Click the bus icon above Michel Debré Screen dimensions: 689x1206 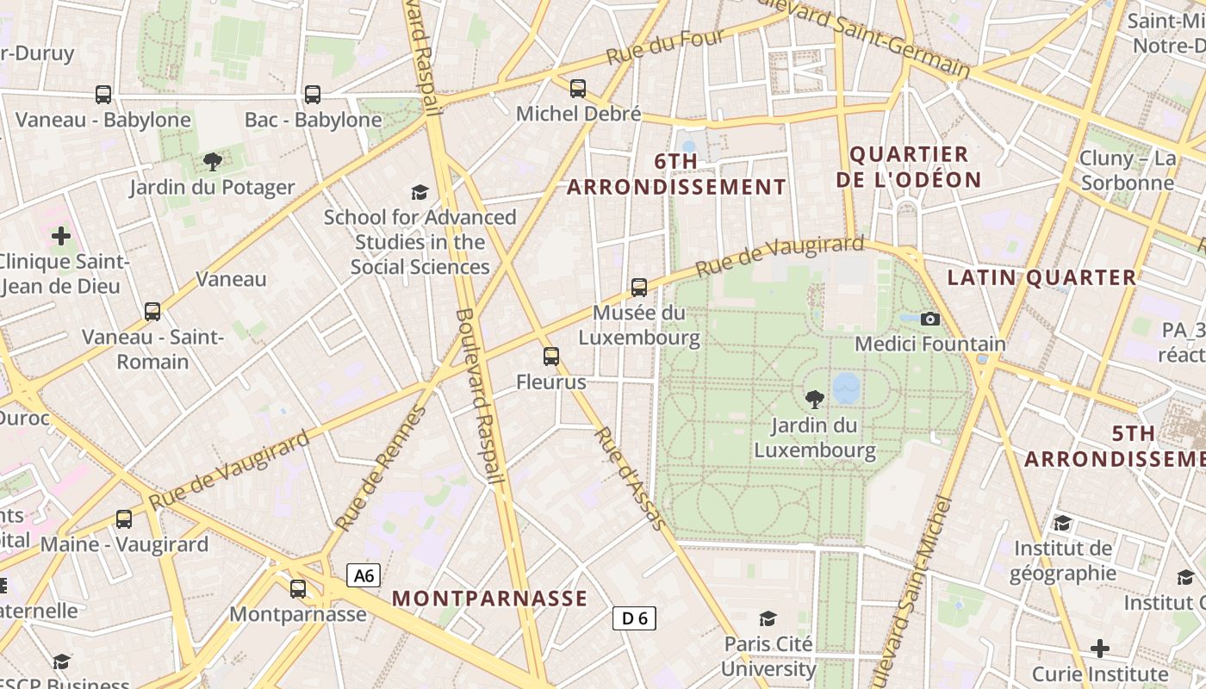tap(578, 89)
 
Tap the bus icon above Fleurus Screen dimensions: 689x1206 tap(551, 357)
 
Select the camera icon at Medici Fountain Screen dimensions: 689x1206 tap(929, 320)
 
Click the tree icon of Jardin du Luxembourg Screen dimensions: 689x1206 tap(814, 400)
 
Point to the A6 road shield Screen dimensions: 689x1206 tap(364, 575)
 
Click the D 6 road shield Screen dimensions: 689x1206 tap(635, 618)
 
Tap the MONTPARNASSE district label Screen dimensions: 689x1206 tap(489, 599)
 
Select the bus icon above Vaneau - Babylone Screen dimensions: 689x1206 tap(103, 95)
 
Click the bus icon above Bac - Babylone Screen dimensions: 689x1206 tap(313, 95)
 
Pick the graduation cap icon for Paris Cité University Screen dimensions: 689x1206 tap(768, 619)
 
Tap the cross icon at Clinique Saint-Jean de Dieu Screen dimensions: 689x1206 tap(61, 235)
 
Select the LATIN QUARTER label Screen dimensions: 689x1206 tap(1041, 277)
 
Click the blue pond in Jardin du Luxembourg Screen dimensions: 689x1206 tap(847, 388)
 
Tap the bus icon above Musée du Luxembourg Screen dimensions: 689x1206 tap(639, 288)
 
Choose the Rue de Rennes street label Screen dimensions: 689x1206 tap(381, 469)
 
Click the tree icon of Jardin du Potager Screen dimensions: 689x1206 tap(212, 162)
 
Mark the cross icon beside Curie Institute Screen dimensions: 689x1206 tap(1100, 649)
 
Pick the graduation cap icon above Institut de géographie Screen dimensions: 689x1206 tap(1063, 523)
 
